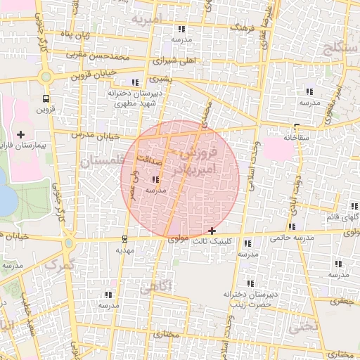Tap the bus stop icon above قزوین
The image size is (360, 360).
pyautogui.click(x=46, y=98)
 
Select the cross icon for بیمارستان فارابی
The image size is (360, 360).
pyautogui.click(x=20, y=134)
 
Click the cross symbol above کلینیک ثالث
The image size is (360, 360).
pyautogui.click(x=212, y=231)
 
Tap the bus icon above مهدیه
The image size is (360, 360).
pyautogui.click(x=125, y=239)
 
